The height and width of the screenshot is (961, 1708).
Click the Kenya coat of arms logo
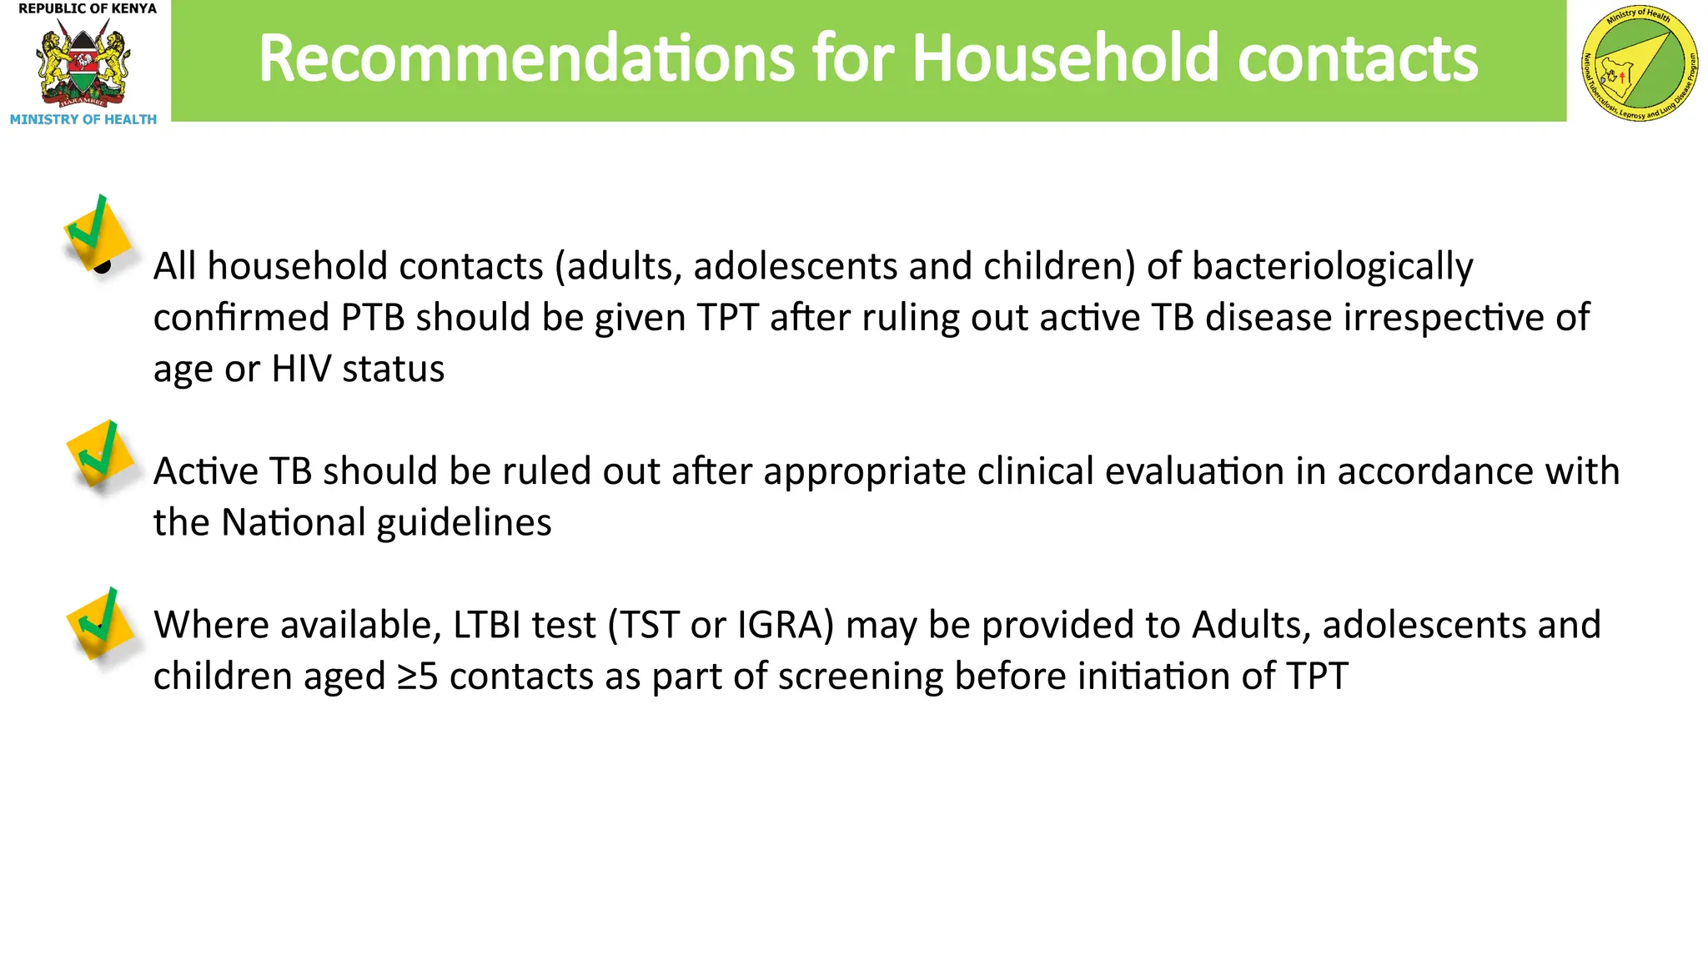(83, 65)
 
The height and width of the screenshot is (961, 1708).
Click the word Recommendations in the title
(526, 58)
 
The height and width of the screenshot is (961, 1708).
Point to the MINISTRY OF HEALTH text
(83, 120)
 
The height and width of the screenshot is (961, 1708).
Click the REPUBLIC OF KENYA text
(88, 8)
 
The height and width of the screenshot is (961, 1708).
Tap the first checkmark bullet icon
(98, 234)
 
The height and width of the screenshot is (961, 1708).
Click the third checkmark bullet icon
(100, 623)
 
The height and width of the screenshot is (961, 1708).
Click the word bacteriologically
(1332, 267)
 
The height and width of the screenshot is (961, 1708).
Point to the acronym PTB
(373, 318)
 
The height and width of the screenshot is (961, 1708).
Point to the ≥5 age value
(417, 677)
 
